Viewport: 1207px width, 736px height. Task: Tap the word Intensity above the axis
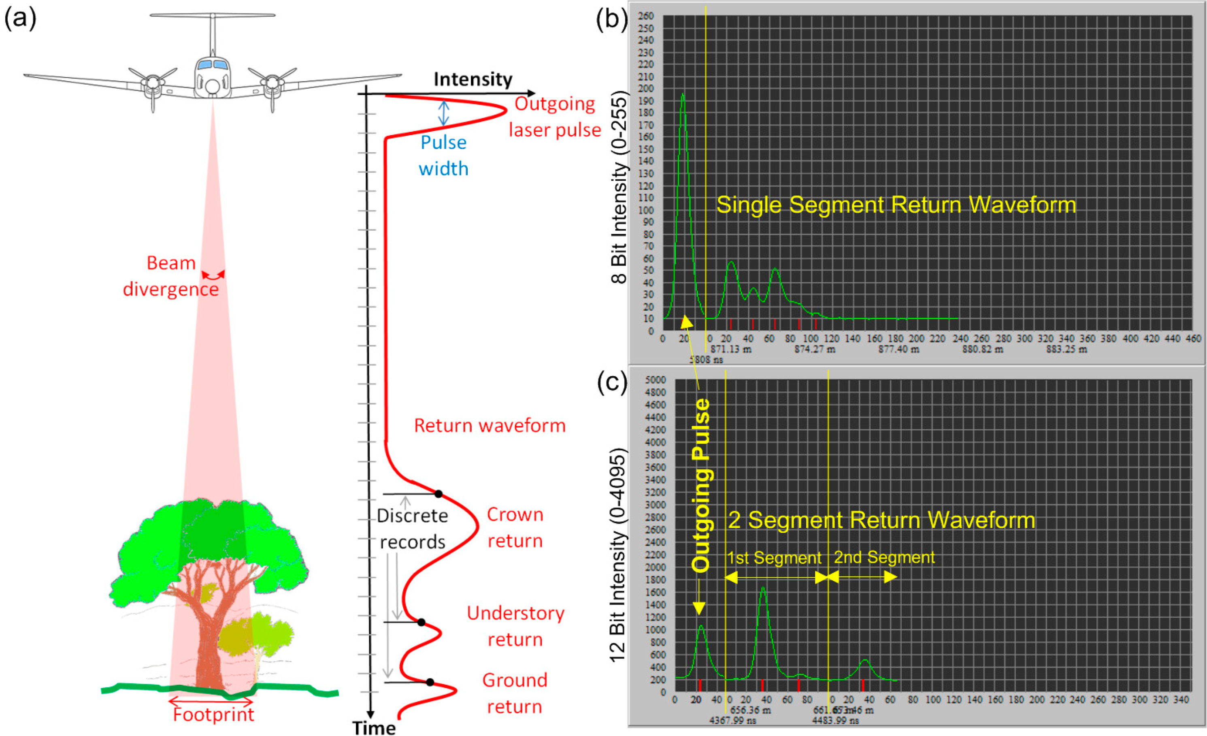click(473, 79)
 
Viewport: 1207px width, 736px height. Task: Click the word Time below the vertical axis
click(374, 727)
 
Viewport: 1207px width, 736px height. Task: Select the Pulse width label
click(443, 155)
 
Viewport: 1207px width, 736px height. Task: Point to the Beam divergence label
click(170, 276)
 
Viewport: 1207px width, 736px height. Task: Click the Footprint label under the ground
click(213, 715)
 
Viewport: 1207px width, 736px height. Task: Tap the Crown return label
click(515, 527)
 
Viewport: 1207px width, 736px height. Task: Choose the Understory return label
click(515, 626)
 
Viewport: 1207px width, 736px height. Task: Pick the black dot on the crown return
click(439, 493)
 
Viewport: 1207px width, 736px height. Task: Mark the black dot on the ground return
click(430, 682)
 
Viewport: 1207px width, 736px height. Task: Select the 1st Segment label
click(773, 558)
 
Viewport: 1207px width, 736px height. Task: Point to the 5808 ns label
click(706, 359)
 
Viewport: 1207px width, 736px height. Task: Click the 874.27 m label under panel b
click(815, 350)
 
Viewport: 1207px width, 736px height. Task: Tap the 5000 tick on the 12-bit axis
click(656, 380)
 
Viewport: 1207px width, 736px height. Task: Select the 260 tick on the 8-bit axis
click(646, 16)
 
